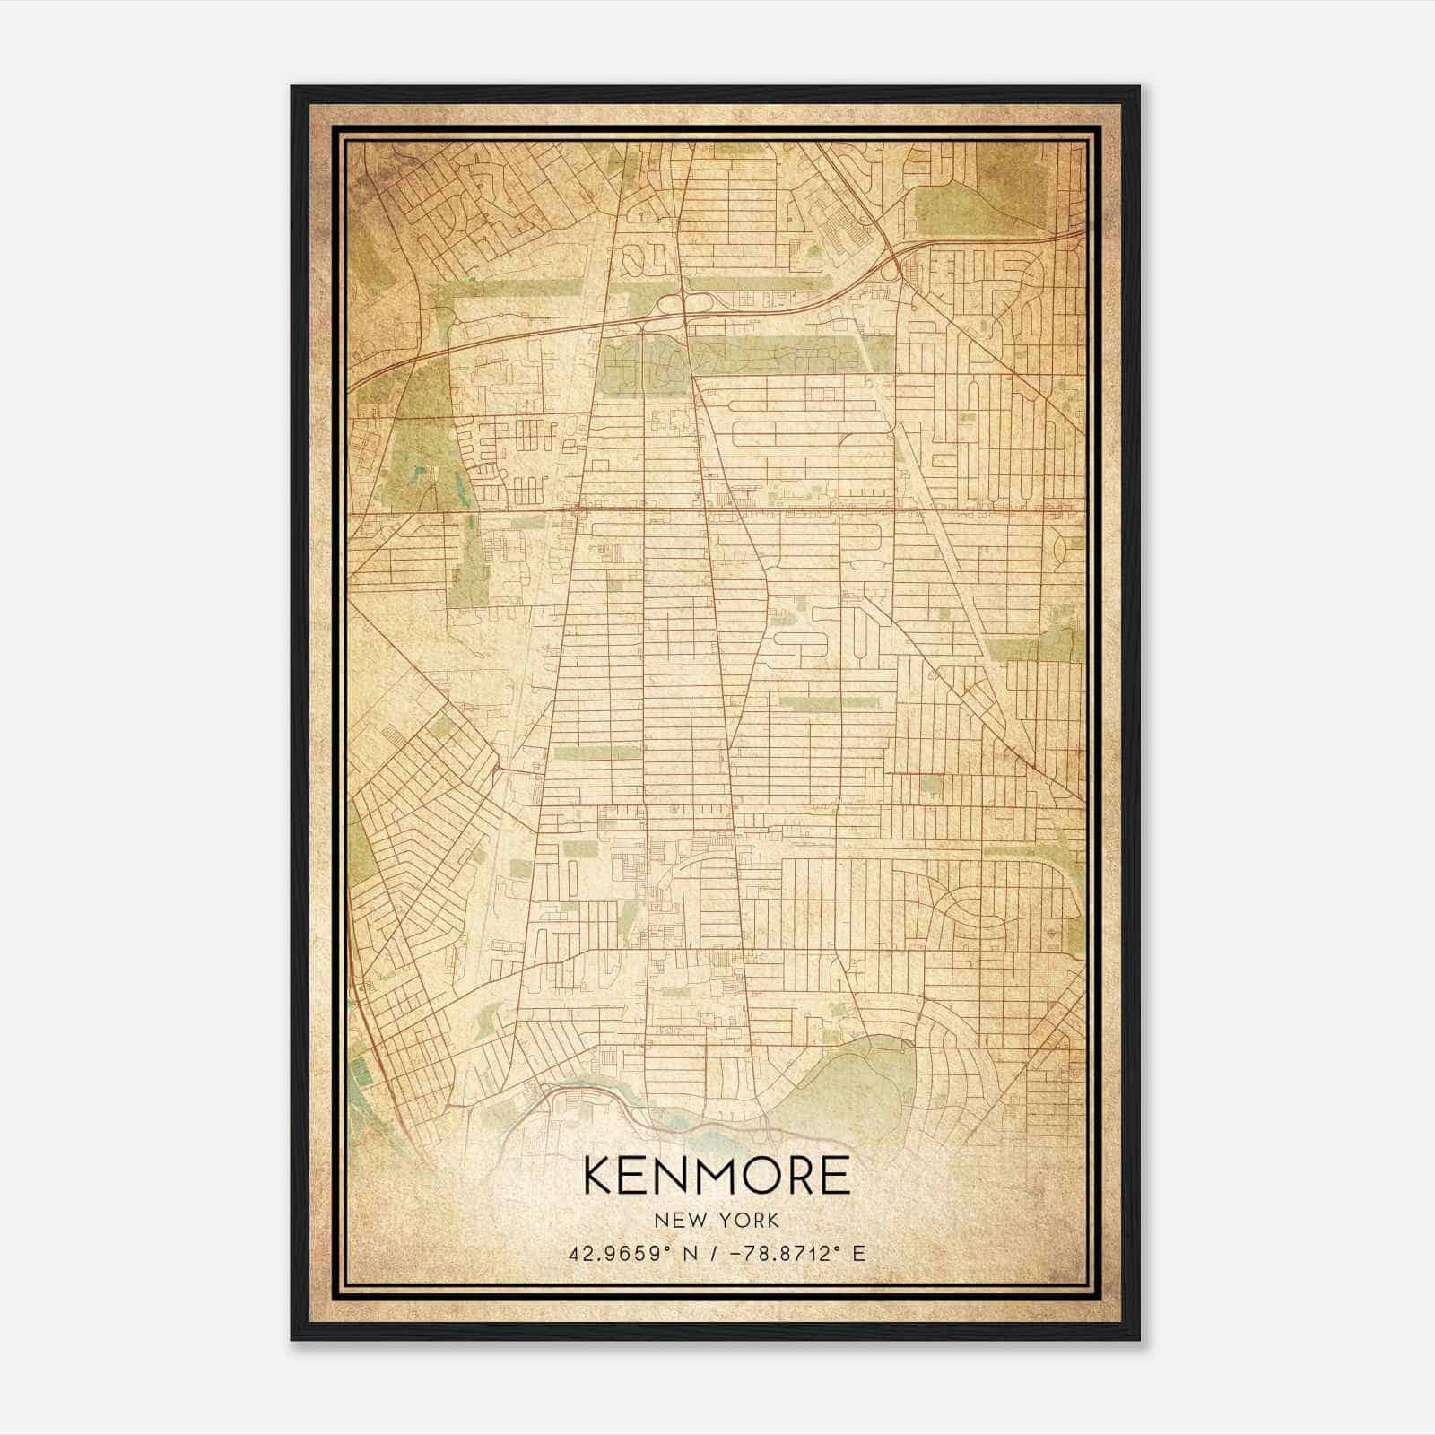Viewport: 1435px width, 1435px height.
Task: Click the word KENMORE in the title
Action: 717,1175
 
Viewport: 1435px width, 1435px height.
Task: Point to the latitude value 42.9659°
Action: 620,1253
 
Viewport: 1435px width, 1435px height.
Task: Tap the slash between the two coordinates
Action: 712,1253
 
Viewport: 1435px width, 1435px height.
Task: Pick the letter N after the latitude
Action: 689,1253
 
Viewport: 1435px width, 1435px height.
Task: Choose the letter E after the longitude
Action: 859,1253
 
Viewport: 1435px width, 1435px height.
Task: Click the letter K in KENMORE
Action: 599,1175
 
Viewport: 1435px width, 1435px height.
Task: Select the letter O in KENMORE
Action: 752,1175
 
